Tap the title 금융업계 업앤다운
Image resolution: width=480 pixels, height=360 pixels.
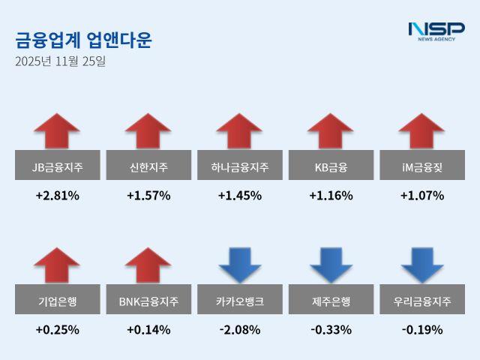tap(83, 40)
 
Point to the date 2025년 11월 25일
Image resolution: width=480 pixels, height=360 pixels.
tap(60, 61)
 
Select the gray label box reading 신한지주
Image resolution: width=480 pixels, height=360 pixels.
tap(148, 166)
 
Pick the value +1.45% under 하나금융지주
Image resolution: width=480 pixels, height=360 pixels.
tap(240, 196)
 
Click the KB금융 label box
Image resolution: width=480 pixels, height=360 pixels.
tap(331, 166)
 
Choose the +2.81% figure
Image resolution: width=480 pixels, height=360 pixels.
tap(57, 196)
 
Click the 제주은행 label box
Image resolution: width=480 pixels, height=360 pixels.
tap(331, 301)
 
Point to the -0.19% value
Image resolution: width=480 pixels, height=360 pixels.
tap(421, 329)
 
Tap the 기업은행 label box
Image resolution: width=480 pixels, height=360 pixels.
tap(57, 301)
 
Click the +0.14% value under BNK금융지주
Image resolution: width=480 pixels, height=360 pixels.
tap(148, 329)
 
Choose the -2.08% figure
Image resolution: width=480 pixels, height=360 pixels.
tap(240, 329)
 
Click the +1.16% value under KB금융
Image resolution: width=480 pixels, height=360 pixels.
tap(331, 196)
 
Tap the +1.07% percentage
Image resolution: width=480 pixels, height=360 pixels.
tap(421, 196)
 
